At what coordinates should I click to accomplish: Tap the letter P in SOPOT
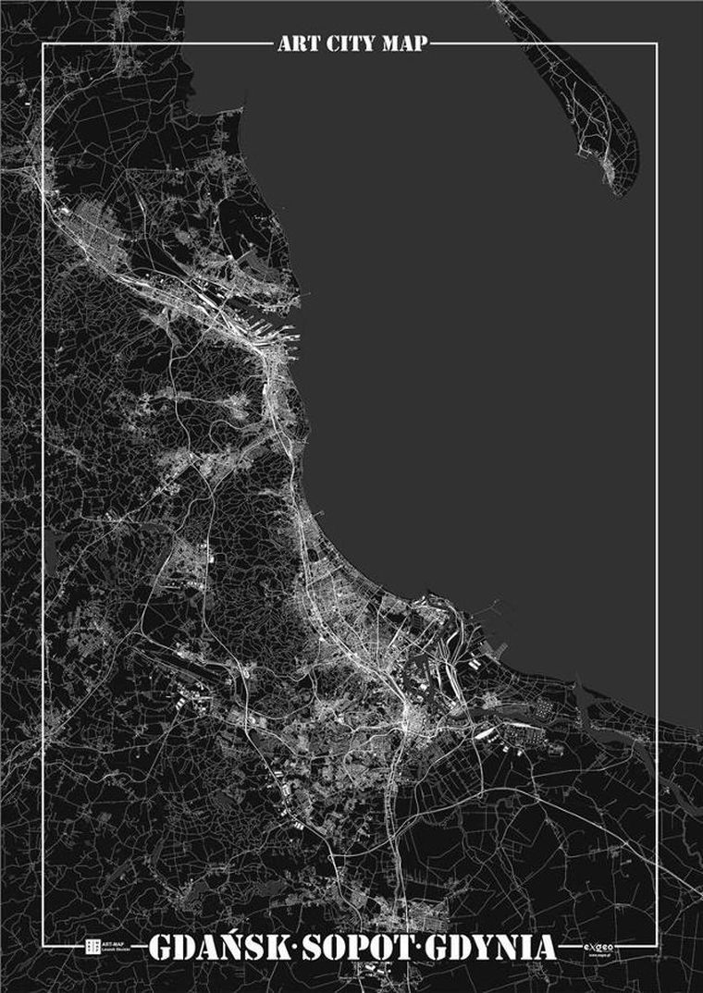[x=350, y=949]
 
